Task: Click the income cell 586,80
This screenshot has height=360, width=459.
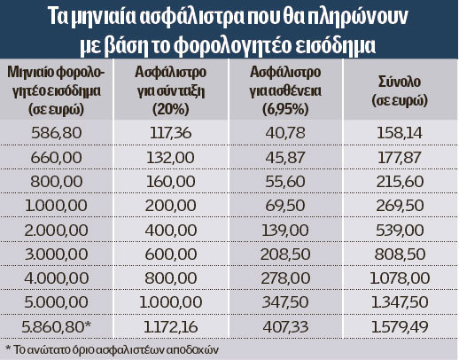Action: pos(57,133)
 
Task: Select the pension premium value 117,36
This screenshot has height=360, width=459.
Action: pos(171,133)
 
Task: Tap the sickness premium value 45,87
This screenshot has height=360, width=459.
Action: pos(285,157)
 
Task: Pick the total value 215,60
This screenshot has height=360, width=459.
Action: pos(400,182)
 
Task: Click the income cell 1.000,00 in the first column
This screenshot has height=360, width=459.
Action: pos(56,206)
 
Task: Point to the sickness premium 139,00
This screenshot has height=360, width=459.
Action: pos(285,231)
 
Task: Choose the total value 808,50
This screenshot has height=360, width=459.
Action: pos(400,254)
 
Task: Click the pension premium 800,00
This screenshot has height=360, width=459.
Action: pos(171,278)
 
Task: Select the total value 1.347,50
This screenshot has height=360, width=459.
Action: pos(400,302)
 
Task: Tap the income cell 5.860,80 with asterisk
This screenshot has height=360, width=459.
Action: pos(57,327)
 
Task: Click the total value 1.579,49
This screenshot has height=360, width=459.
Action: pos(400,327)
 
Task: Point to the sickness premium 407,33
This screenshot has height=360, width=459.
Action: pos(285,327)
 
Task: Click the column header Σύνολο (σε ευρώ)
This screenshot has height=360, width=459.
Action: pos(400,91)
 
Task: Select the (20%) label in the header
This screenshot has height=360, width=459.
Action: pos(171,110)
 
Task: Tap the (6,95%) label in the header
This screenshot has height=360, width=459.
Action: pos(285,110)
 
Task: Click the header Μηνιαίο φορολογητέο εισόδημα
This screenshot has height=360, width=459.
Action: pos(56,82)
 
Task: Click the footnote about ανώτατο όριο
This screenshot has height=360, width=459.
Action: pos(113,350)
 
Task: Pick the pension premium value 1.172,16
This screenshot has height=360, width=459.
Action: pos(171,327)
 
